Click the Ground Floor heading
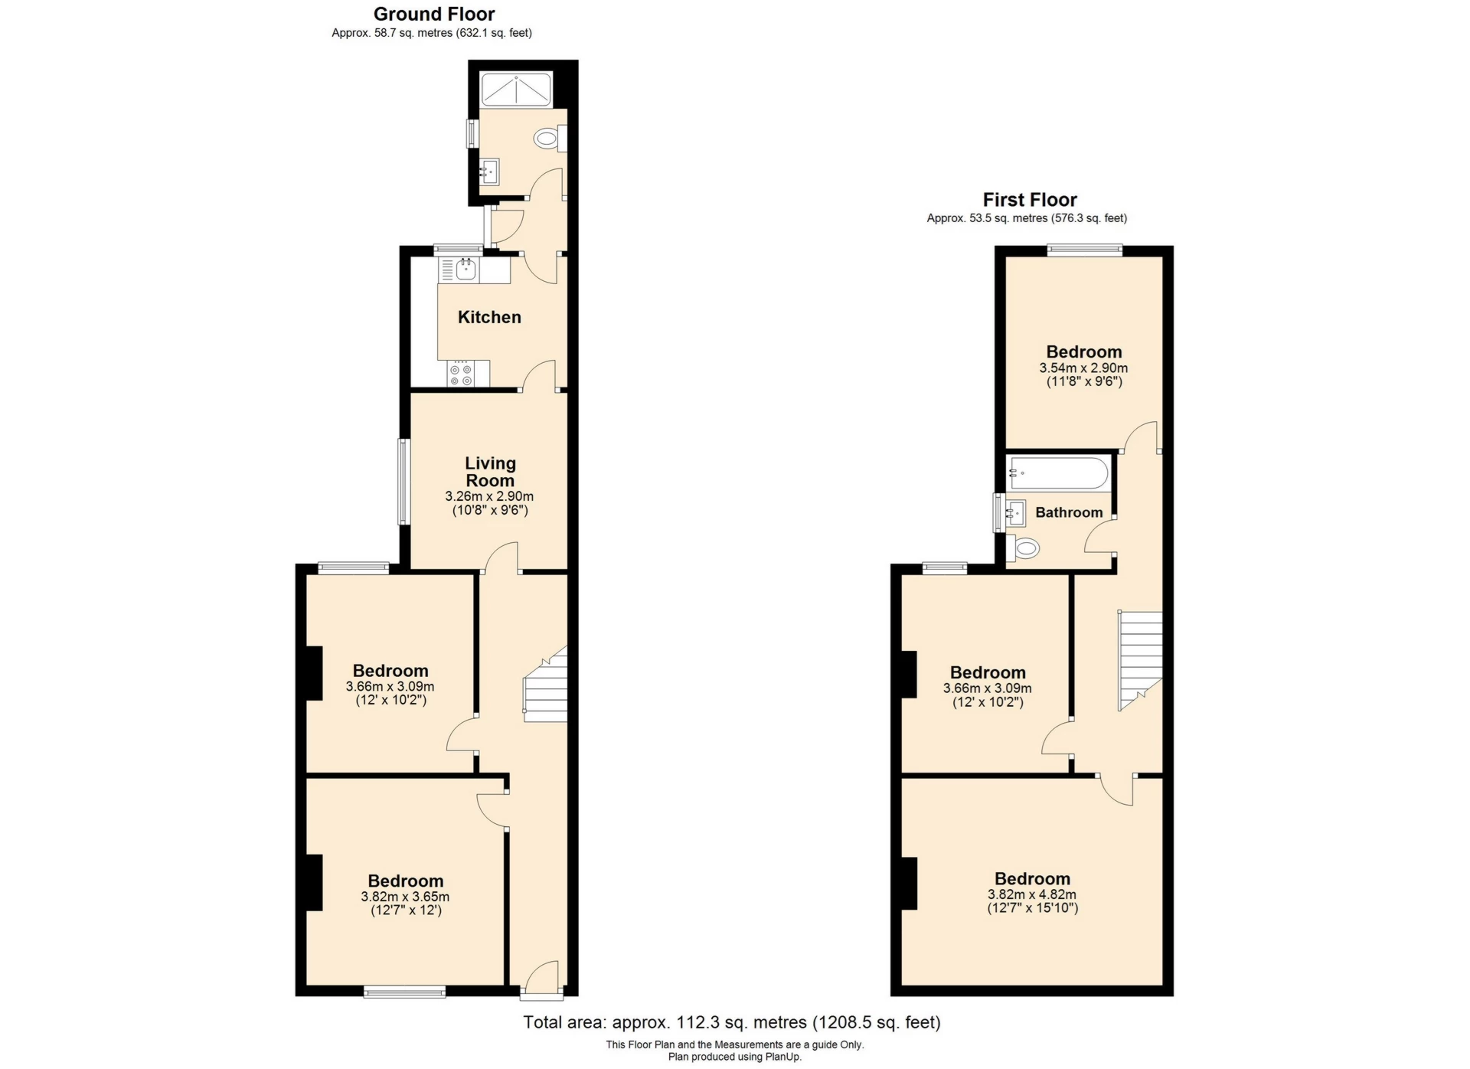433,14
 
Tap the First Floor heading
1029,200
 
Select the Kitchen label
489,317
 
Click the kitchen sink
465,269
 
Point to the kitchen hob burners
461,374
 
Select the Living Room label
490,472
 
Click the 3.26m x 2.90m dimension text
489,496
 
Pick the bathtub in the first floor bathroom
1058,472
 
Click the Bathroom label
1069,512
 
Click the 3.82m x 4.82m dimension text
1031,894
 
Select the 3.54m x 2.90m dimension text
1083,368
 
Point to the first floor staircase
1141,659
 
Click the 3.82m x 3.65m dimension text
405,897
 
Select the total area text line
731,1022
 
